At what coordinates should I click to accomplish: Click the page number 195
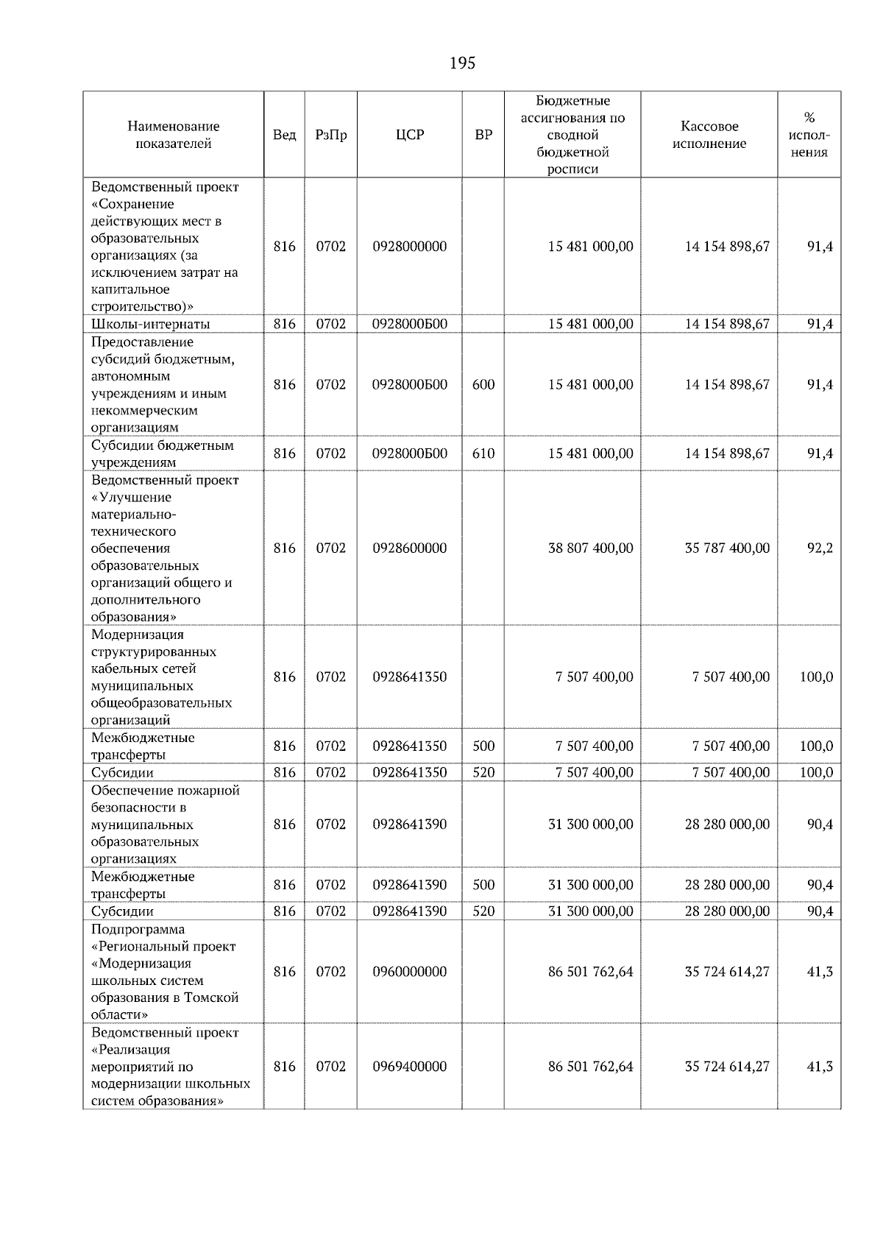click(x=462, y=63)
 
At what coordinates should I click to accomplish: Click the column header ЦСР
click(x=409, y=135)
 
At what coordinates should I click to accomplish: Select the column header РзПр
click(x=330, y=135)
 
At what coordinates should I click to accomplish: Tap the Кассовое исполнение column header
click(x=709, y=135)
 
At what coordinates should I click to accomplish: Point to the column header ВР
click(x=483, y=135)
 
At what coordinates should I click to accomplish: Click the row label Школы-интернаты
click(x=150, y=324)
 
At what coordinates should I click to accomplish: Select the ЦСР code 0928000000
click(x=409, y=247)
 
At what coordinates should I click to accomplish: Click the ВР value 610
click(x=483, y=453)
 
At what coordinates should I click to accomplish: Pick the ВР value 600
click(x=483, y=384)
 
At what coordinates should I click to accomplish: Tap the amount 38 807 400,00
click(x=590, y=548)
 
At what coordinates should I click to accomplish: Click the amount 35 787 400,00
click(x=727, y=548)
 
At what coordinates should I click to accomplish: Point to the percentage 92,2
click(x=820, y=548)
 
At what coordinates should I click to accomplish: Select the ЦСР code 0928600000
click(x=409, y=548)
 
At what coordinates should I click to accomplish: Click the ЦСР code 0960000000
click(x=409, y=972)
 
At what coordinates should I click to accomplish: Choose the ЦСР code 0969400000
click(x=409, y=1067)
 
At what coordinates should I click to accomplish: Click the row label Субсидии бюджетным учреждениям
click(x=162, y=453)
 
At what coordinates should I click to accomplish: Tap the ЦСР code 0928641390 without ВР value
click(x=409, y=824)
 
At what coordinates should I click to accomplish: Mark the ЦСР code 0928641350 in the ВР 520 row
click(x=409, y=772)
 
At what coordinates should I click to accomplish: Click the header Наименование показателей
click(x=173, y=135)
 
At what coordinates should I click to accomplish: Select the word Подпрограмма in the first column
click(x=138, y=930)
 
